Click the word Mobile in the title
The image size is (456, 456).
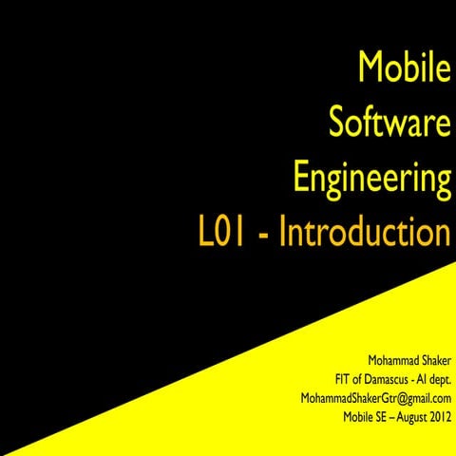(x=402, y=68)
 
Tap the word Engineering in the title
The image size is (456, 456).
(x=372, y=180)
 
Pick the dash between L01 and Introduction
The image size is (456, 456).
(x=267, y=236)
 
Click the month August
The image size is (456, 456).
(x=419, y=415)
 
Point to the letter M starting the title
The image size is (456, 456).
(x=370, y=68)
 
